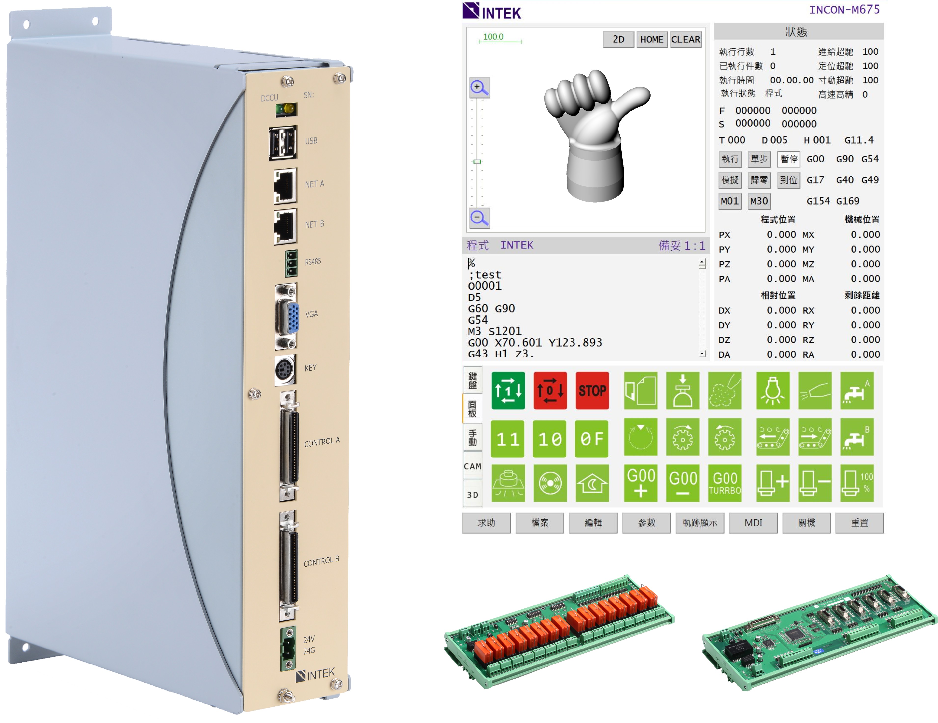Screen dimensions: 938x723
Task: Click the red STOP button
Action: (x=592, y=390)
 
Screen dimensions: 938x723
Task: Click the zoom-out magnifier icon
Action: (x=479, y=218)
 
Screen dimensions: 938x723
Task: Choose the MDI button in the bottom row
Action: (x=753, y=523)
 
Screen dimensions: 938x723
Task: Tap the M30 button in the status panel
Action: (x=759, y=201)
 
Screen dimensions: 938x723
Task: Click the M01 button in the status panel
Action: (x=730, y=201)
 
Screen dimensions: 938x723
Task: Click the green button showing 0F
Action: (x=592, y=438)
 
